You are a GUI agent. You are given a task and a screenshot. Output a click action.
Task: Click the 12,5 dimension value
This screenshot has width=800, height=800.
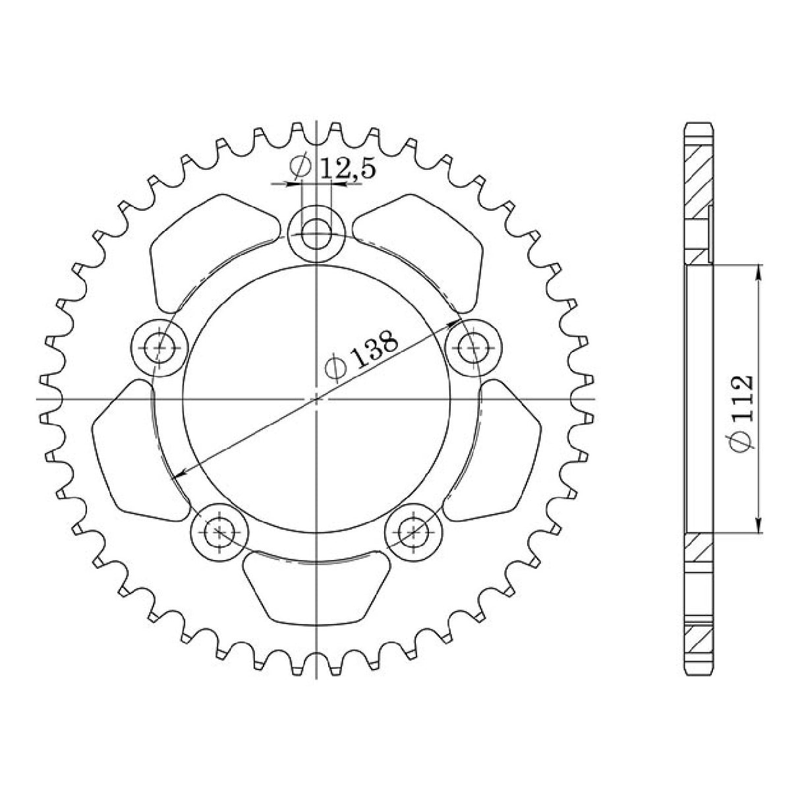coord(348,169)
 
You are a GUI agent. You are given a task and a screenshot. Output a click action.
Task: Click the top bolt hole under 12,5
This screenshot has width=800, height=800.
coord(317,231)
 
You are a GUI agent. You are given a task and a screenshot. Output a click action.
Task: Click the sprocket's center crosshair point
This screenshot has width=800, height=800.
coord(317,399)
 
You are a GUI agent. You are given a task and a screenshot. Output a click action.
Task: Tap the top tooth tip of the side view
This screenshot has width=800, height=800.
coord(699,125)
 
